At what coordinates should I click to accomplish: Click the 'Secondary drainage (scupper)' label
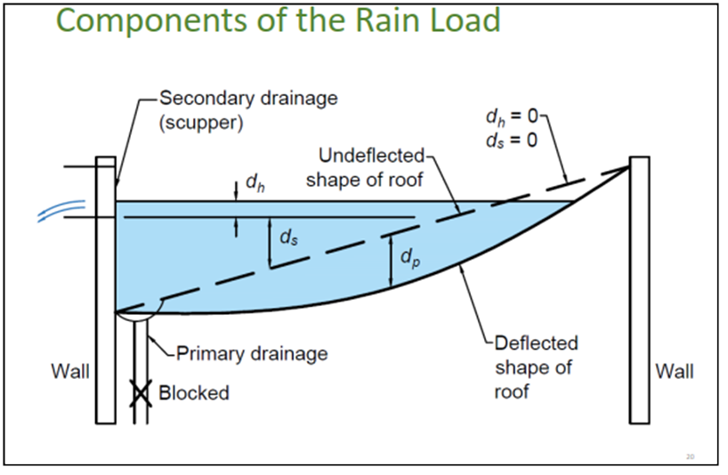[248, 109]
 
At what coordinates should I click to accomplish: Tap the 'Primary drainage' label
[252, 353]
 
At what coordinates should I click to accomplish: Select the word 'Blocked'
[194, 392]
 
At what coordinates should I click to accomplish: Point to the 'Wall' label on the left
[69, 371]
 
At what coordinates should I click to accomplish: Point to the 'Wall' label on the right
[675, 371]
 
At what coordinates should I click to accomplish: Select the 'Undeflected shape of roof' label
[367, 167]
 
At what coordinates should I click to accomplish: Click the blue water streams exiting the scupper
[60, 212]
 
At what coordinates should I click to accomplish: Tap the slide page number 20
[691, 456]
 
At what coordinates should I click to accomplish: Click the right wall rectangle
[639, 289]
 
